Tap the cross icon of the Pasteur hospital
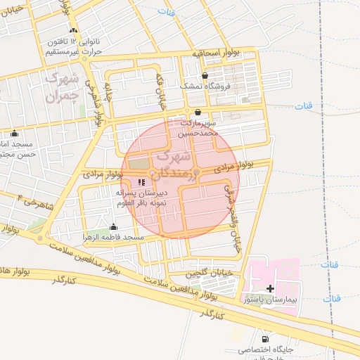pyautogui.click(x=271, y=288)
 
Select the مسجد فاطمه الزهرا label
pyautogui.click(x=114, y=237)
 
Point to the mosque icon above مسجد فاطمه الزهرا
pyautogui.click(x=114, y=226)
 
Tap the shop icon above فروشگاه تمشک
pyautogui.click(x=205, y=75)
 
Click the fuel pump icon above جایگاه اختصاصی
pyautogui.click(x=265, y=338)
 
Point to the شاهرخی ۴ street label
pyautogui.click(x=26, y=203)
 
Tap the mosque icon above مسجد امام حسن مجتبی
pyautogui.click(x=15, y=133)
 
